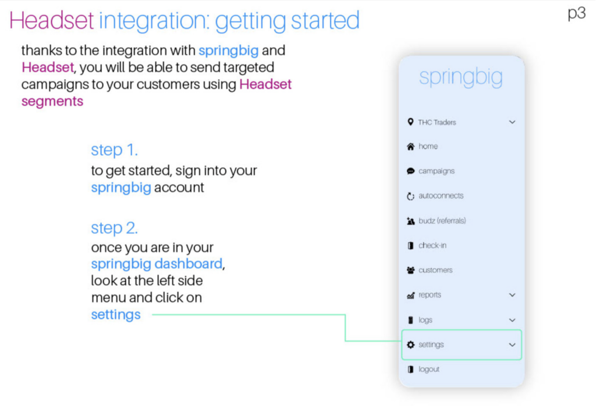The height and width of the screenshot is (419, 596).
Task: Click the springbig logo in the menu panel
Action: (x=461, y=77)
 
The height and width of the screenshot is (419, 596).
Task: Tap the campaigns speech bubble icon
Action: (x=410, y=171)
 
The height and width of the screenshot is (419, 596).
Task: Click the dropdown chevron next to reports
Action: (x=512, y=295)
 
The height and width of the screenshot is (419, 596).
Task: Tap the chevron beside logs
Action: (x=512, y=320)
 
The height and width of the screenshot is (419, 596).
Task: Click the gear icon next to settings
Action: (x=410, y=345)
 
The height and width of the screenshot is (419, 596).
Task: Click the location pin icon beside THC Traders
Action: (x=410, y=122)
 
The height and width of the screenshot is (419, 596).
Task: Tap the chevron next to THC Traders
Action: (x=512, y=122)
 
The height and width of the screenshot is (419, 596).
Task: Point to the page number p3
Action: (x=577, y=13)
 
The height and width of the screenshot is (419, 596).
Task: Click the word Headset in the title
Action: (x=51, y=20)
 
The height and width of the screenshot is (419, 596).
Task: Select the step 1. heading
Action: (x=114, y=150)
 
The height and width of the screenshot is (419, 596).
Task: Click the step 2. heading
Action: (x=114, y=228)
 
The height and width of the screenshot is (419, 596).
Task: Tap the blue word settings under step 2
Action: (x=116, y=315)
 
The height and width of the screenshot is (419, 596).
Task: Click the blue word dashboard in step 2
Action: (x=189, y=264)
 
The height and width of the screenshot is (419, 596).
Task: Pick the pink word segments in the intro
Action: (x=52, y=102)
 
